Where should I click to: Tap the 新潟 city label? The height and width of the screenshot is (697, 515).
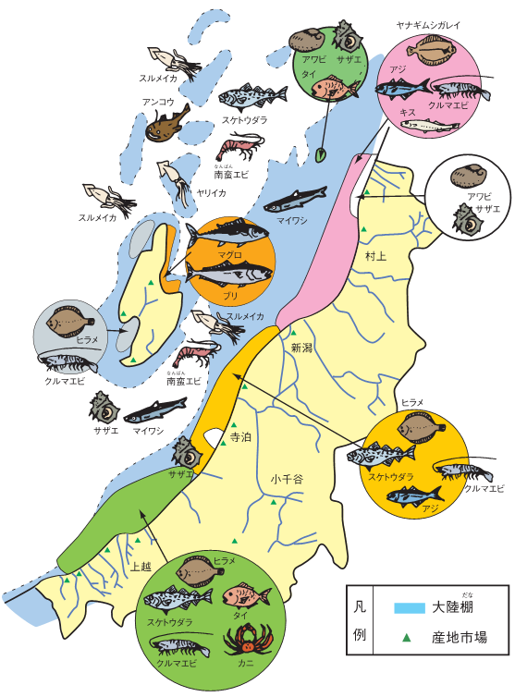[x=301, y=348]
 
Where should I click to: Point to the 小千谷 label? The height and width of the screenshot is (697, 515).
[x=287, y=479]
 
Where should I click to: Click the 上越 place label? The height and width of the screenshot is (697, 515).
[x=141, y=567]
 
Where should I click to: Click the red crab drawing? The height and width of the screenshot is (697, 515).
[x=246, y=639]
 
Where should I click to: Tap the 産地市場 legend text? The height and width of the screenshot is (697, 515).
[x=460, y=637]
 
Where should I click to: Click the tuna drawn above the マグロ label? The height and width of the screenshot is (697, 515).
[x=227, y=233]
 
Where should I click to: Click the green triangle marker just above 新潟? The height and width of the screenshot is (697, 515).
[x=294, y=333]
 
